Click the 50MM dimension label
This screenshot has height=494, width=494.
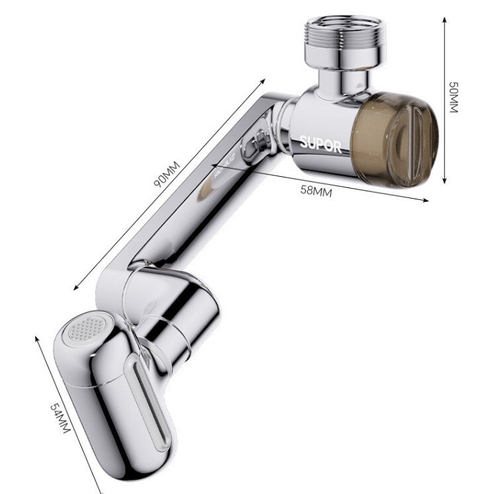pyautogui.click(x=454, y=97)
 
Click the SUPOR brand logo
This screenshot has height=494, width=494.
pyautogui.click(x=320, y=144)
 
